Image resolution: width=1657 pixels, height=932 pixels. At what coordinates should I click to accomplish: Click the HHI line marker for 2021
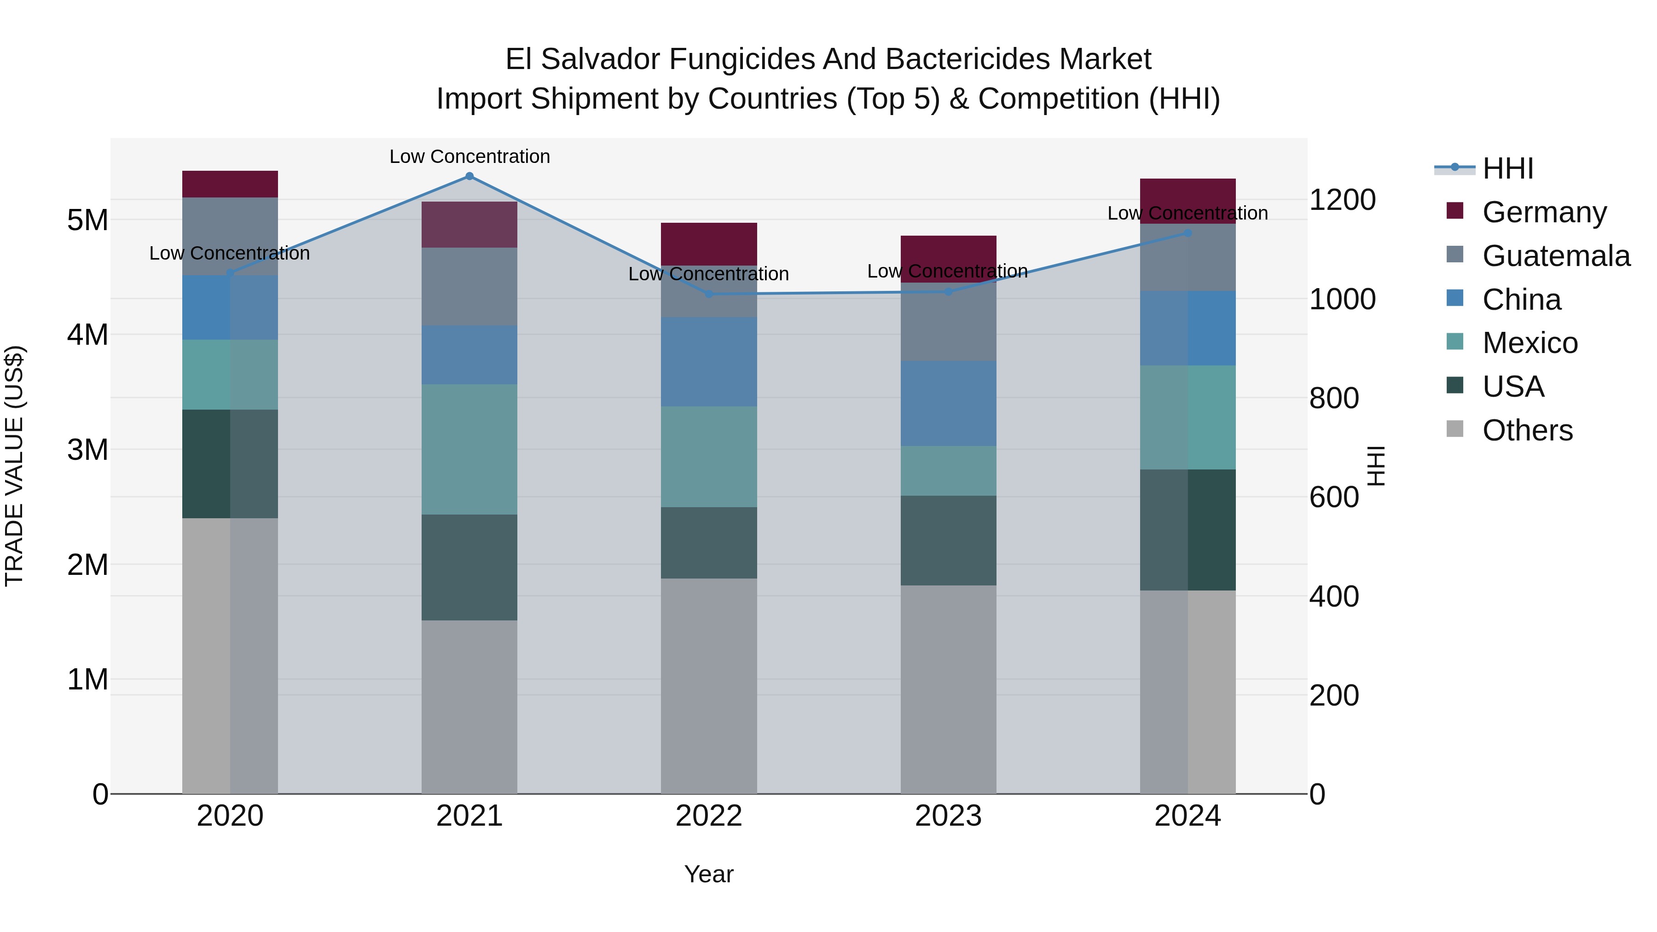469,176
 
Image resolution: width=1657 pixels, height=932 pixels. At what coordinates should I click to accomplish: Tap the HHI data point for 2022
709,294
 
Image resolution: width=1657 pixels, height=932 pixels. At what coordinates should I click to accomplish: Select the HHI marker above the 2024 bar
1188,233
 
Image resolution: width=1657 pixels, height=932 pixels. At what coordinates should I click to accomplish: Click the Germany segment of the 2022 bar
709,244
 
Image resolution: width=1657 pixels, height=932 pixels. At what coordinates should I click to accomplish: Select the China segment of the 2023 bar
948,403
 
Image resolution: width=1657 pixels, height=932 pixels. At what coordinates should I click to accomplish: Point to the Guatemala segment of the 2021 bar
469,286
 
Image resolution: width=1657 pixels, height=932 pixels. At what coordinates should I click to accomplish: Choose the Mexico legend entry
1530,343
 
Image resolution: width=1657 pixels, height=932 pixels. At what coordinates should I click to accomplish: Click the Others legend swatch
1455,430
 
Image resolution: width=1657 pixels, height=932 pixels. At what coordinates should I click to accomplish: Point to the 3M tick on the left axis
87,450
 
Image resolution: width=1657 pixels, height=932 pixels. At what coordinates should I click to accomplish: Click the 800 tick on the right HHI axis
1334,398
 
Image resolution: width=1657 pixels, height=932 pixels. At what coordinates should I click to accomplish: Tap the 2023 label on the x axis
948,816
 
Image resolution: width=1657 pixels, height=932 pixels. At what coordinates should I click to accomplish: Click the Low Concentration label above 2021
469,156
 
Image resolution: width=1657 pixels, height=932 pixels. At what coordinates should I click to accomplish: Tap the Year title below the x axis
709,874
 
